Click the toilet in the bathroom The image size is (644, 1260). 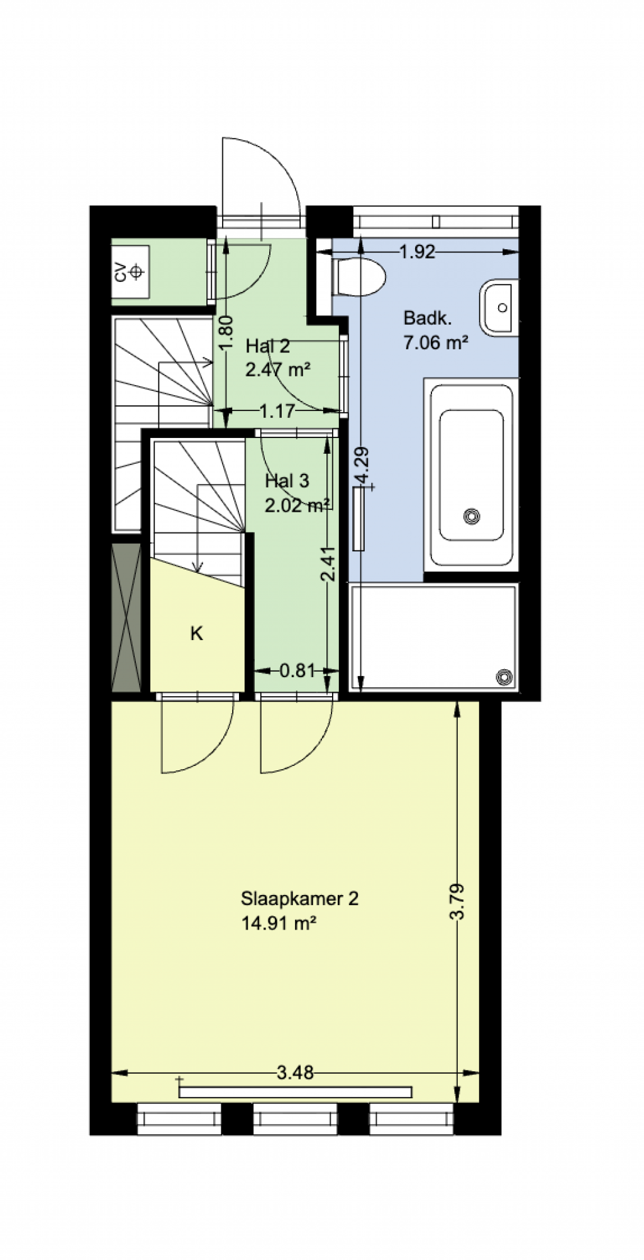[358, 276]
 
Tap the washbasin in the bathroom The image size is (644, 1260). [499, 308]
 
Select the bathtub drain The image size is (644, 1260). [472, 517]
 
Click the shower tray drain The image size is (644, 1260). [504, 677]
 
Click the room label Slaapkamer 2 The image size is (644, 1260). [299, 898]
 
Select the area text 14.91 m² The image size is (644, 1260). [278, 923]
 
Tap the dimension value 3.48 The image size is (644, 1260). [295, 1072]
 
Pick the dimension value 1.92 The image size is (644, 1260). [418, 252]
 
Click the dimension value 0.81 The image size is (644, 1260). [297, 670]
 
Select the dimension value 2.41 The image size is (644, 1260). [328, 563]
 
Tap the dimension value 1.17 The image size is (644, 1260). [277, 411]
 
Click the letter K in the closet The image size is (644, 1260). [197, 634]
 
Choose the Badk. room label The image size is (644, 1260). [428, 318]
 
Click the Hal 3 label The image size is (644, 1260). [287, 481]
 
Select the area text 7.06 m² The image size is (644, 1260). [435, 343]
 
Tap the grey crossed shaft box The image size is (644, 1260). [126, 617]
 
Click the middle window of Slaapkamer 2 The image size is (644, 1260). [296, 1119]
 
